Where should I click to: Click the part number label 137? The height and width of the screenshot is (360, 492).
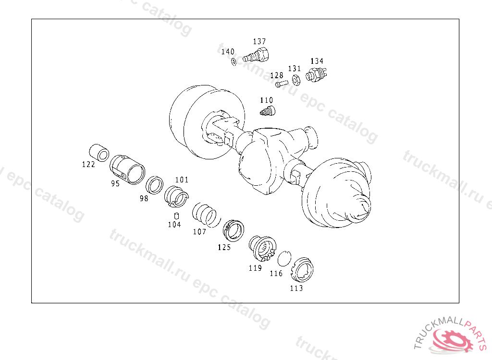259,41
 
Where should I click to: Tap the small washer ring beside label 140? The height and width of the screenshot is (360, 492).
234,61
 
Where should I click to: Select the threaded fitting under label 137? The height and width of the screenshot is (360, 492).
256,55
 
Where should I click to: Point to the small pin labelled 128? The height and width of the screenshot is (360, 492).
282,84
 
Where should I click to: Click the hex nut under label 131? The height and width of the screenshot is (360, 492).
295,80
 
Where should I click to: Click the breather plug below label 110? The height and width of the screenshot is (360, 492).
268,111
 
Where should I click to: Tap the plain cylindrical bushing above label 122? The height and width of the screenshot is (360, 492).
99,153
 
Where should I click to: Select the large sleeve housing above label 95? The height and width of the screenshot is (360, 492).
127,169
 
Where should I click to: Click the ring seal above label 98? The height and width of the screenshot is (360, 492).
155,185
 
